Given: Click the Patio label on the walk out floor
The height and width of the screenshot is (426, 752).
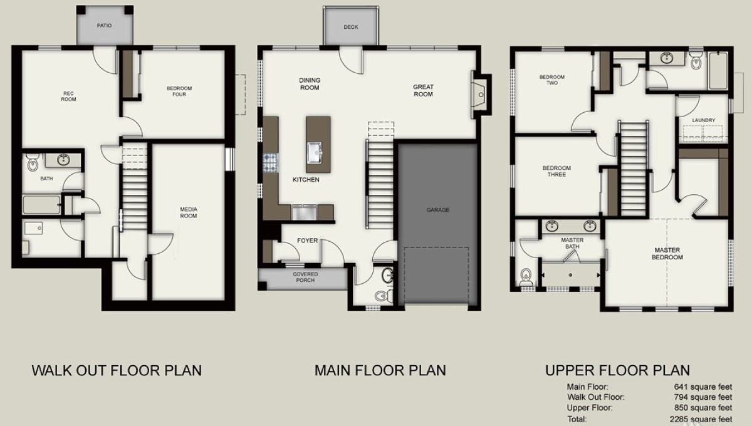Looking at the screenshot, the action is [x=104, y=26].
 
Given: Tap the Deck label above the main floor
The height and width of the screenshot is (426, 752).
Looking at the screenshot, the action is [x=351, y=27].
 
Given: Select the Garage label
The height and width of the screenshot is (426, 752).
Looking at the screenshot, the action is [x=438, y=210].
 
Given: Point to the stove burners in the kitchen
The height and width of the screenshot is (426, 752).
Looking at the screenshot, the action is [x=270, y=162].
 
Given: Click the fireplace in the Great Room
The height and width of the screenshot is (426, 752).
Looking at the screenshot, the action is [x=480, y=95].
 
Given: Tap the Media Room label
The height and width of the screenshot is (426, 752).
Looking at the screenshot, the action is [x=189, y=212].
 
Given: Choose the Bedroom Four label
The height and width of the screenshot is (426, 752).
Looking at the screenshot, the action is [x=179, y=91].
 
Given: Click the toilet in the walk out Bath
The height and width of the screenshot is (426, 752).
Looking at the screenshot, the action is [x=33, y=162].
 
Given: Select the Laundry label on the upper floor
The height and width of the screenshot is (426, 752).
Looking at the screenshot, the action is [x=704, y=120].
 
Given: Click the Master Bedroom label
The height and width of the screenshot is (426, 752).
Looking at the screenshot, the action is [x=667, y=254].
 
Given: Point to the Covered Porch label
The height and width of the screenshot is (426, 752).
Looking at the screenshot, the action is [x=305, y=278].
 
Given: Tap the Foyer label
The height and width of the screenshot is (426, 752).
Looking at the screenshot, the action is [x=307, y=241].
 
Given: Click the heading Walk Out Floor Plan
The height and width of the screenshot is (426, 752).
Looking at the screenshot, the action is [x=117, y=370].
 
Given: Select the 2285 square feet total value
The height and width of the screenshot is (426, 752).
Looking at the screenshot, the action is [x=701, y=419].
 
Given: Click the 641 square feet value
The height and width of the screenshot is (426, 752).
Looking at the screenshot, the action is [x=703, y=387].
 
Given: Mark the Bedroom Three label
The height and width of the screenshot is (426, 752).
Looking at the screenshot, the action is [x=556, y=171].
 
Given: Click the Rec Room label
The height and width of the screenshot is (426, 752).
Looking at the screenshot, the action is [x=68, y=96].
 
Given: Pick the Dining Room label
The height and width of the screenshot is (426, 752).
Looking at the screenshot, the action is [x=310, y=84].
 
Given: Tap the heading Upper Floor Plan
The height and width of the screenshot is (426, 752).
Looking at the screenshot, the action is [x=618, y=370].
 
